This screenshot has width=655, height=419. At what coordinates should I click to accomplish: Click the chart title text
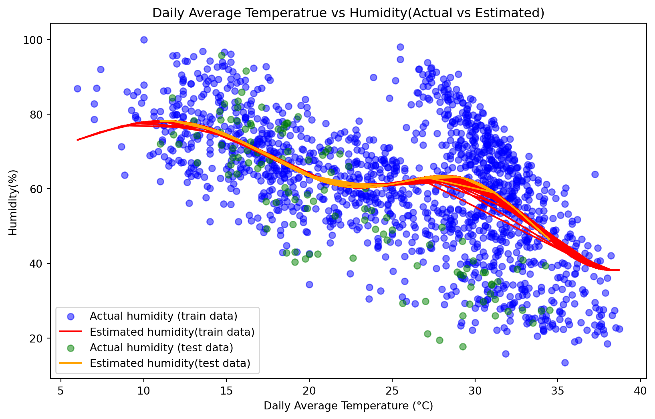click(348, 13)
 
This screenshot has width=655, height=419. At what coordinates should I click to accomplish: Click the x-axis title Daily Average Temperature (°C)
click(348, 406)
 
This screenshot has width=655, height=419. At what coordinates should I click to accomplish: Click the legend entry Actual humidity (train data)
click(163, 316)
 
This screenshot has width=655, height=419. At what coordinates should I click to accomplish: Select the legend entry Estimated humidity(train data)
click(172, 332)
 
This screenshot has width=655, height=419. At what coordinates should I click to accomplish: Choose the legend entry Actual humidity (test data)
click(161, 347)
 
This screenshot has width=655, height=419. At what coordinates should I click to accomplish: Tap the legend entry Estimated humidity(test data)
click(170, 363)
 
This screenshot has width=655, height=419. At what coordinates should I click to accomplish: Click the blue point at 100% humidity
click(144, 40)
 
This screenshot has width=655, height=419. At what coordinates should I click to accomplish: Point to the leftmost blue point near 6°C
click(77, 89)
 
